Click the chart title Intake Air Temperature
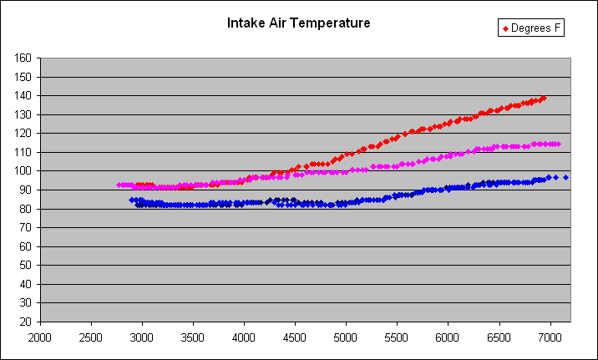coord(298,23)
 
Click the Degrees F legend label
coord(537,29)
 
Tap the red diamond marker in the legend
coord(504,29)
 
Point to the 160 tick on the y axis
coord(23,58)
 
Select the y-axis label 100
coord(23,171)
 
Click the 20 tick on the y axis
coord(26,322)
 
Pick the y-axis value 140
coord(23,96)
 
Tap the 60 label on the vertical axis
coord(26,246)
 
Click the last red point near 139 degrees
coord(544,98)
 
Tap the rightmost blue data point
coord(565,177)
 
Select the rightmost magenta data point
coord(558,144)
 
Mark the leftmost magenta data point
coord(119,185)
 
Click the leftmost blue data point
coord(131,200)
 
